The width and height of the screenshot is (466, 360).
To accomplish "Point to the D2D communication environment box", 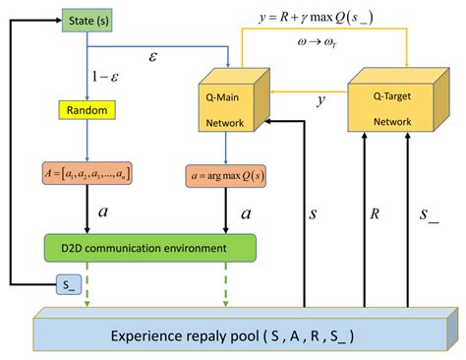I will click(150, 247).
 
